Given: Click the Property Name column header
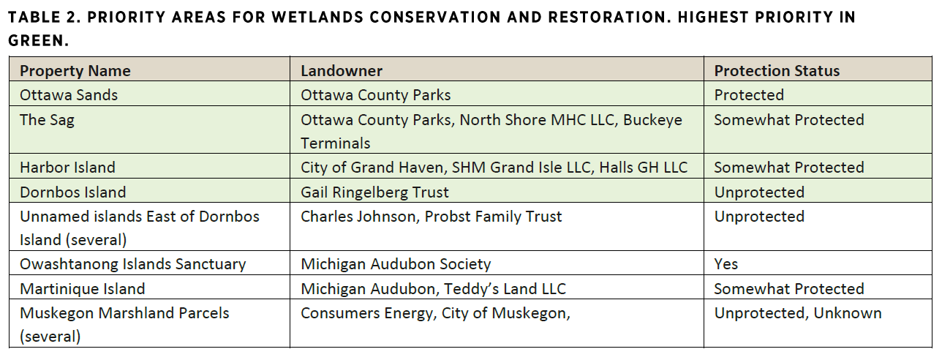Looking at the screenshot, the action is coord(75,71).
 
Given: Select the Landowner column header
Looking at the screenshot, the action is coord(342,71).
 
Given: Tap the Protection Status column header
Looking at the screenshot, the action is coord(777,71).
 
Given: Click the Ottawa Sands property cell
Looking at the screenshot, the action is coord(69,95).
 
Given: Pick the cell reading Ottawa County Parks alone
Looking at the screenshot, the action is coord(375,95).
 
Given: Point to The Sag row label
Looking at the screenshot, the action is coord(47,120).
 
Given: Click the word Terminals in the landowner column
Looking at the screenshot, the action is coord(336,143).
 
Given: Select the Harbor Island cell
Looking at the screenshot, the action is coord(67,168).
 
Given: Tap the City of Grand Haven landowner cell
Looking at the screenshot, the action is coord(494,168).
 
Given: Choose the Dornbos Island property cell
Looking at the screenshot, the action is coord(72,192).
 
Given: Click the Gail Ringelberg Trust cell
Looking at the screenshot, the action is coord(374,192).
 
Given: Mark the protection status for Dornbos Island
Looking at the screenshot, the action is coord(759,192).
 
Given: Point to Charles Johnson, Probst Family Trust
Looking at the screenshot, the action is coord(431,217).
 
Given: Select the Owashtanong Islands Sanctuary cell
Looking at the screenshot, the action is coord(133,264).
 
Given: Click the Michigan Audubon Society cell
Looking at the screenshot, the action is coord(396,264).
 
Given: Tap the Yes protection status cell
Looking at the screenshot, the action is coord(726,264).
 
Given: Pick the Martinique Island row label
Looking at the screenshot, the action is coord(83,289).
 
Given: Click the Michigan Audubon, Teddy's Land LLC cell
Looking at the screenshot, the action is coord(433,289).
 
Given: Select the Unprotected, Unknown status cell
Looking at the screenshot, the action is coord(798,313).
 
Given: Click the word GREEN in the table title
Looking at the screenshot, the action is coord(38,41).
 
